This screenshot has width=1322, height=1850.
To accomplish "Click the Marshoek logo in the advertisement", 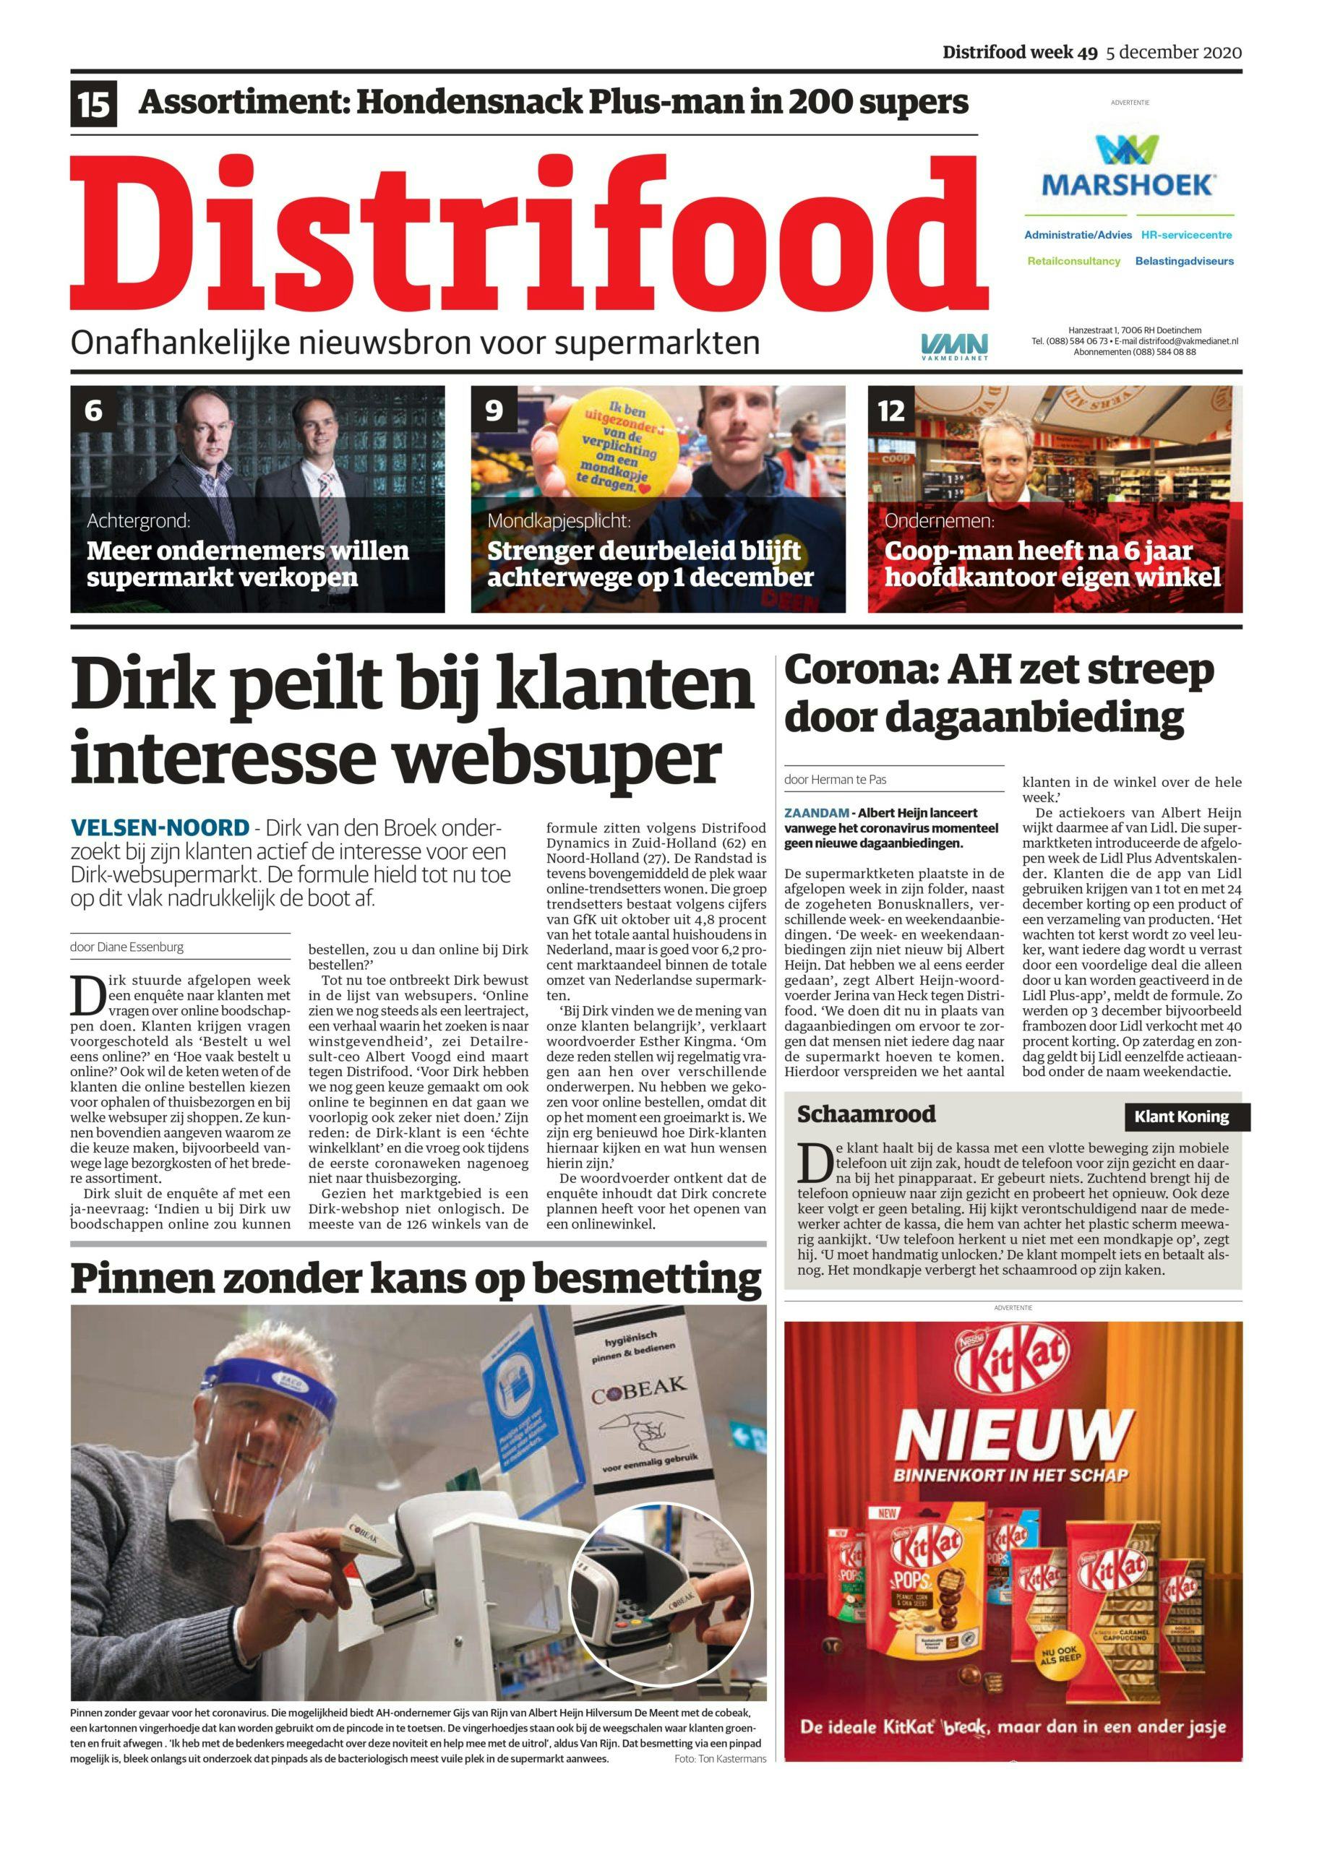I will click(1129, 169).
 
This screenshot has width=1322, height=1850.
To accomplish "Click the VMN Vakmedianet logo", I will click(954, 345).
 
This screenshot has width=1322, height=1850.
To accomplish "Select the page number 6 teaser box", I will click(93, 411).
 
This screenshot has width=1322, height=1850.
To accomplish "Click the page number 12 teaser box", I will click(890, 411).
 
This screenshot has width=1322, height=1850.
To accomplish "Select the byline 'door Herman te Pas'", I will click(836, 779).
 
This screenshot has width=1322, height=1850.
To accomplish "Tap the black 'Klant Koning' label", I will click(1181, 1117).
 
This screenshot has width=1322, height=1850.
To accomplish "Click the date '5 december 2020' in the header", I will click(1173, 53).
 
